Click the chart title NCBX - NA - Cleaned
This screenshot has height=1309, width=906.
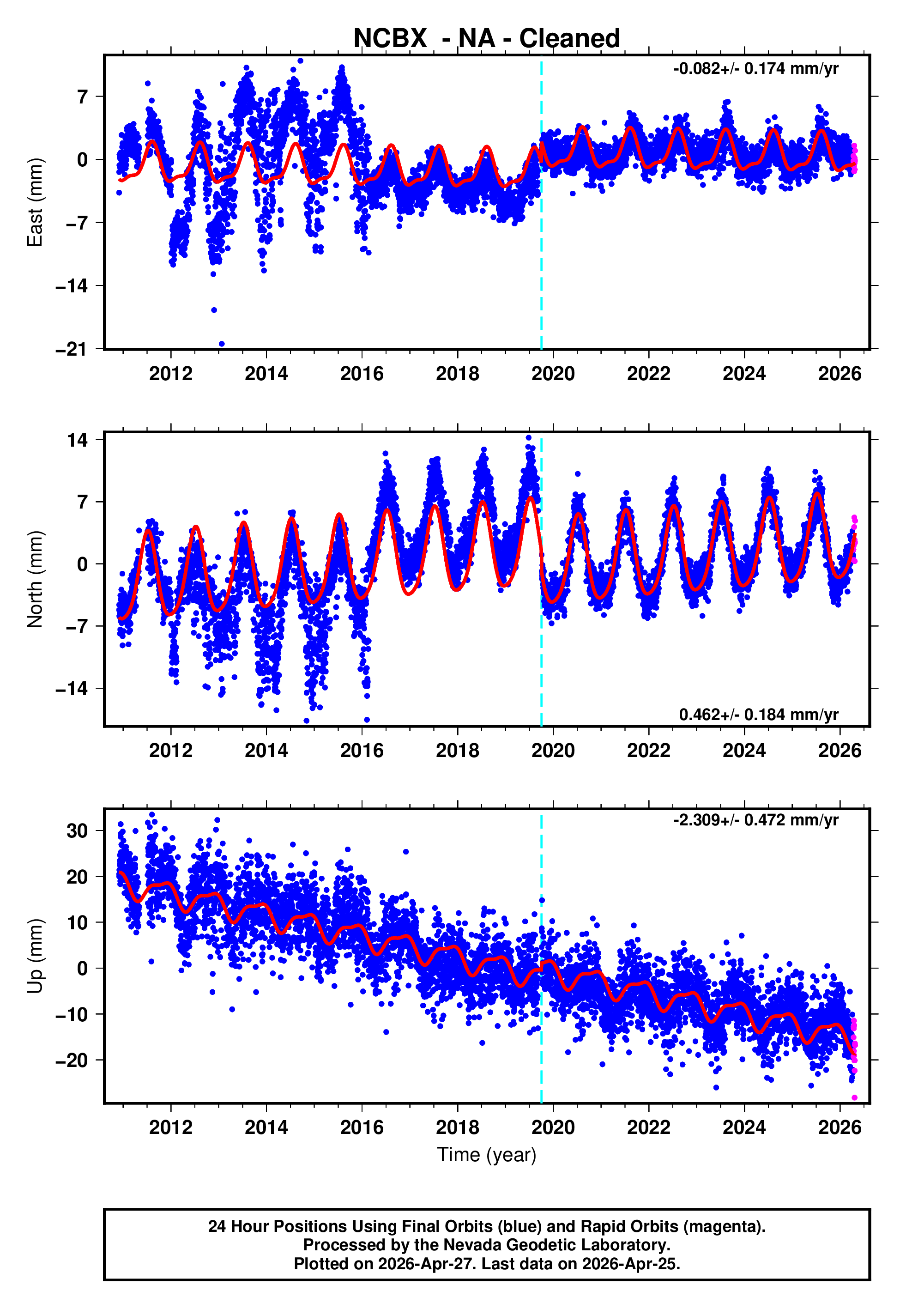click(x=487, y=39)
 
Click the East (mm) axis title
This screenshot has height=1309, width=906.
click(x=35, y=203)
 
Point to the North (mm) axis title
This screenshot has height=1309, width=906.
click(x=35, y=579)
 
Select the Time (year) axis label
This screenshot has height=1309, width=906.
click(x=487, y=1155)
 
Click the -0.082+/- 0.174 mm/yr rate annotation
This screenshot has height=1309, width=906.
click(x=755, y=69)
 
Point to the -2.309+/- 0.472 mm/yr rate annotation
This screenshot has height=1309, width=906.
click(x=755, y=820)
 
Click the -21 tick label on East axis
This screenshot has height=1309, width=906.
click(x=72, y=349)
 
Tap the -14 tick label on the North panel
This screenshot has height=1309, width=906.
click(x=72, y=689)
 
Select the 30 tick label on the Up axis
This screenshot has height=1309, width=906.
click(x=77, y=831)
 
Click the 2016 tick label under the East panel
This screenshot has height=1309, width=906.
click(x=362, y=374)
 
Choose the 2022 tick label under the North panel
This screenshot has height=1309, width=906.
click(x=648, y=751)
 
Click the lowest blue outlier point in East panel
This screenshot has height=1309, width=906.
click(x=221, y=344)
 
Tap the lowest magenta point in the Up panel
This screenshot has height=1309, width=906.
click(x=854, y=1098)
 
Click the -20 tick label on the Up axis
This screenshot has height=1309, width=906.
click(x=72, y=1061)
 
